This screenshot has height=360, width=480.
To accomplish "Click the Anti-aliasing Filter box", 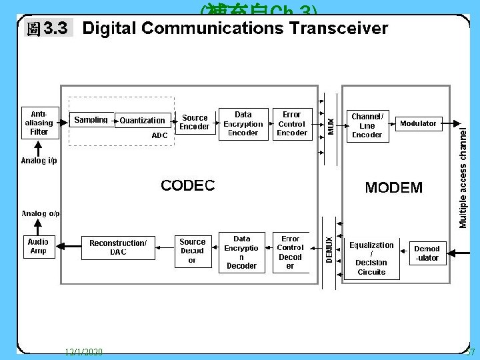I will tap(39, 122).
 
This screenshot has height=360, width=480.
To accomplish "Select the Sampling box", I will tap(91, 120).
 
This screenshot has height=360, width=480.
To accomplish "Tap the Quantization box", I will tap(142, 120).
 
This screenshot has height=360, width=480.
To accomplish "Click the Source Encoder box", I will tap(195, 123).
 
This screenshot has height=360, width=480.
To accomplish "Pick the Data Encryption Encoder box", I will tap(243, 124).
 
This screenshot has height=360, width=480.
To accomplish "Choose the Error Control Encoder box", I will tap(292, 124).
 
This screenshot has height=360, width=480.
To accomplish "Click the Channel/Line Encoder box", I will tap(367, 125).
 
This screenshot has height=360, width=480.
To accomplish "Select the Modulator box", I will tap(418, 123).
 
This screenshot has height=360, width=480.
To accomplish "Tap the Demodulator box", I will tap(427, 253).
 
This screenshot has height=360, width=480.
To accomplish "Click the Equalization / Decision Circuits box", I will tap(371, 258).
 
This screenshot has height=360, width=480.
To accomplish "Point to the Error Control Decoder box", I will tap(291, 252).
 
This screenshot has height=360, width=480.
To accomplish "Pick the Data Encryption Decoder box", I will tap(242, 252).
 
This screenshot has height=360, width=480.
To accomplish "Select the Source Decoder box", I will tap(193, 251).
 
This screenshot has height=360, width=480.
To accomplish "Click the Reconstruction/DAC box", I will tap(118, 247).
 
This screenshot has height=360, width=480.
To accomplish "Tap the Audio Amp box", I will tap(39, 246).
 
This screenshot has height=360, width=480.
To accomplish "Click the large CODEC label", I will tap(188, 185).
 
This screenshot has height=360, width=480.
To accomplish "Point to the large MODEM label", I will tap(393, 187).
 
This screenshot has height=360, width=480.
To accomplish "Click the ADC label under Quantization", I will tap(160, 135).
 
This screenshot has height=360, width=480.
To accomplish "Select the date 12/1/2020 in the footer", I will tap(85, 352).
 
